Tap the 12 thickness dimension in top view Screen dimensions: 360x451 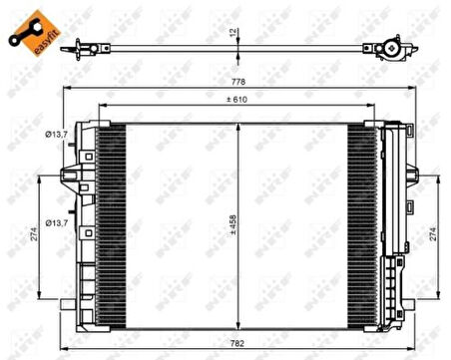click(x=232, y=33)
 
